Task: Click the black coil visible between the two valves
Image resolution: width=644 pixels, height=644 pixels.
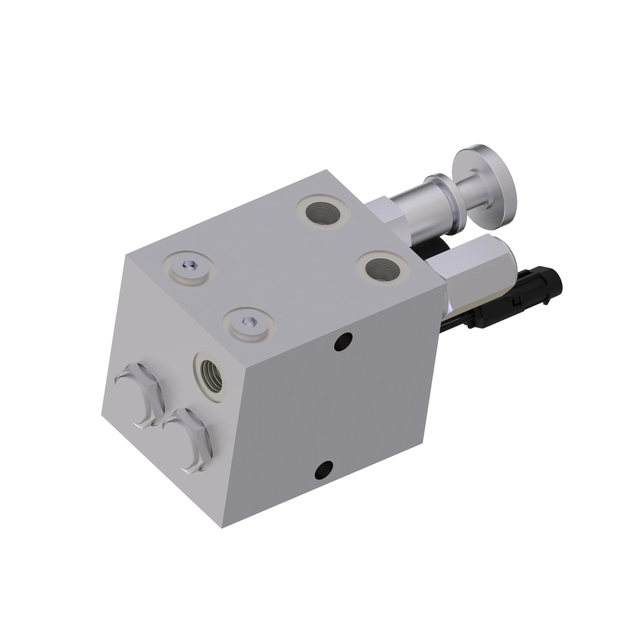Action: click(x=433, y=247)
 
